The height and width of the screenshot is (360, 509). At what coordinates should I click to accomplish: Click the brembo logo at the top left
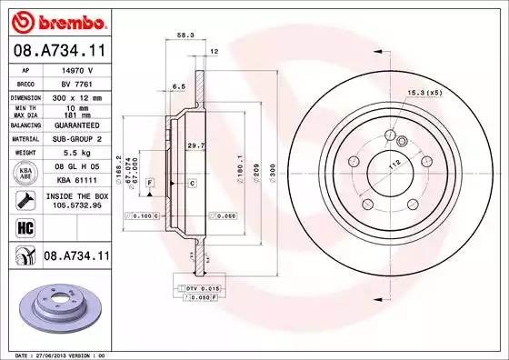[x=57, y=20]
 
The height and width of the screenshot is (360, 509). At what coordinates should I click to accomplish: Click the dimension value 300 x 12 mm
[x=76, y=96]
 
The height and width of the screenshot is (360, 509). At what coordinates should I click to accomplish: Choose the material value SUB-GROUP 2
[x=76, y=138]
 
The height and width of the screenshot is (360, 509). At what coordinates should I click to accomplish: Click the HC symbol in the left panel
[x=23, y=226]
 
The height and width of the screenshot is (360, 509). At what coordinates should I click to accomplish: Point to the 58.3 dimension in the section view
[x=185, y=35]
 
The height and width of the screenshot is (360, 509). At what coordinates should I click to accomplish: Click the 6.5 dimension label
[x=179, y=86]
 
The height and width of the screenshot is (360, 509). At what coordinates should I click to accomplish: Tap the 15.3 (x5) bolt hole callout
[x=423, y=93]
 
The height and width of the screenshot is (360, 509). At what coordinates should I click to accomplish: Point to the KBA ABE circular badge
[x=23, y=174]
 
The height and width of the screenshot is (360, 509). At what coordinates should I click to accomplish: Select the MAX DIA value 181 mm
[x=75, y=115]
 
